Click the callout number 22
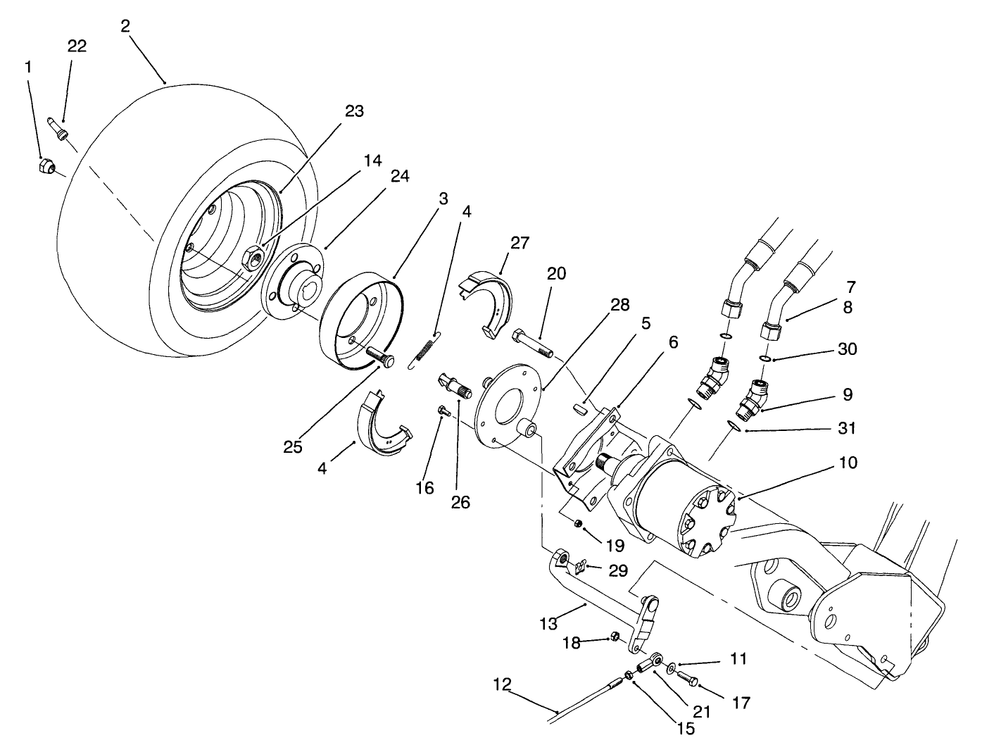coord(77,46)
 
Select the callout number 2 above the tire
coord(125,26)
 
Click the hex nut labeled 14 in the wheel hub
coord(252,258)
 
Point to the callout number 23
coord(354,111)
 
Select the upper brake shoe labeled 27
coord(489,303)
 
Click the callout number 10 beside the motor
coord(848,463)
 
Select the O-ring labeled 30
coord(764,359)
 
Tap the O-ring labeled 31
coord(733,425)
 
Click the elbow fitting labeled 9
coord(752,397)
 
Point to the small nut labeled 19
coord(575,522)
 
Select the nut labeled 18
coord(614,637)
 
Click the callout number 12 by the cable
coord(502,684)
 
